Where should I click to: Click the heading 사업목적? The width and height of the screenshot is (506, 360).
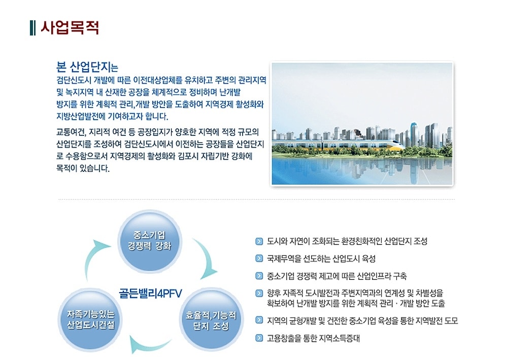click(x=70, y=27)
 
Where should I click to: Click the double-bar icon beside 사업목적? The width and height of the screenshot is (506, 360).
click(x=33, y=27)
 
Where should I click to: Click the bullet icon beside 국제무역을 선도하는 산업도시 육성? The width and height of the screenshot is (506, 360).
click(x=260, y=259)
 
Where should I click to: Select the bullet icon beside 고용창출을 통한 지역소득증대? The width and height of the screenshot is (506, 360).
click(x=260, y=338)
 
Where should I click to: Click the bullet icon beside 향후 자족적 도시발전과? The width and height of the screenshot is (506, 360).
click(x=260, y=293)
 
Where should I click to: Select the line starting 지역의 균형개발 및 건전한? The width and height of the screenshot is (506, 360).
click(x=362, y=320)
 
